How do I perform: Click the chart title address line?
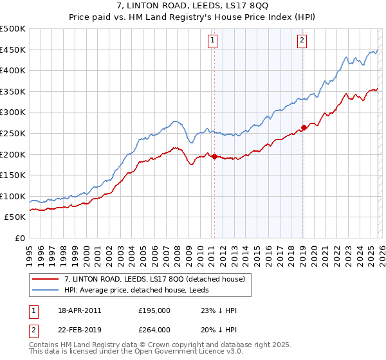(193, 6)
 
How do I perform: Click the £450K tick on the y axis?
(13, 50)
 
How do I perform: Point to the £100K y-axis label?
(13, 196)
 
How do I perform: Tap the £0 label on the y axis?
(19, 238)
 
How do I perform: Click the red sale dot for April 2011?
(214, 156)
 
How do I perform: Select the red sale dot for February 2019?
(304, 127)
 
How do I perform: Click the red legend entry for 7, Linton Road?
(154, 279)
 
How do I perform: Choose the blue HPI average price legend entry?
(149, 290)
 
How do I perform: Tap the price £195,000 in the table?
(154, 310)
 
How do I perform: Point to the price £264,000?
(154, 328)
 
